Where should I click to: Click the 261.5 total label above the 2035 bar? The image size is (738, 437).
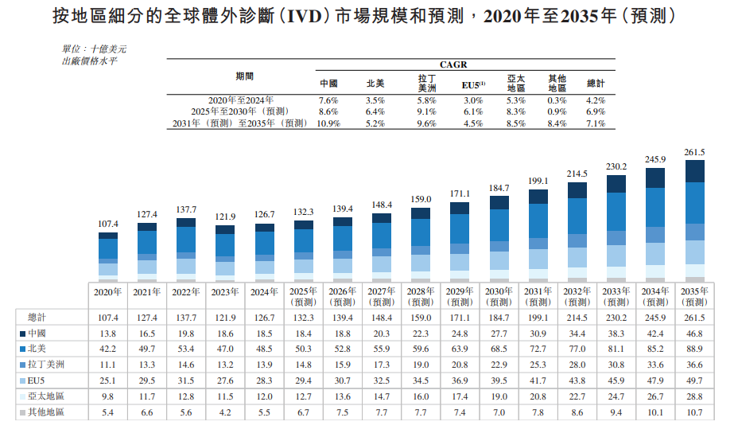tap(694, 152)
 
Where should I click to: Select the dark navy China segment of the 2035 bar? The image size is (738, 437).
tap(695, 171)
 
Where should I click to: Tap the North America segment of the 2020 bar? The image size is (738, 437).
tap(108, 248)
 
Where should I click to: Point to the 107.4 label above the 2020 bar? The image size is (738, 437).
tap(108, 224)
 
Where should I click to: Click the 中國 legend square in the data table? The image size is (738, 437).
tap(22, 334)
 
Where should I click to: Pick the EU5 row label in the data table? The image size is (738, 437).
tap(36, 380)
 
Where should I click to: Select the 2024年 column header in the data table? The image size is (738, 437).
tap(264, 292)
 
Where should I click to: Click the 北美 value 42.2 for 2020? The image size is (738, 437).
tap(108, 349)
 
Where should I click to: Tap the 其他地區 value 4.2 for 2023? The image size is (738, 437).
tap(225, 412)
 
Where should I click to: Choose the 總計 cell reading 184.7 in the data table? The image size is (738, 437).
tap(499, 318)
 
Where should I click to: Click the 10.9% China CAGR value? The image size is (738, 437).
tap(328, 123)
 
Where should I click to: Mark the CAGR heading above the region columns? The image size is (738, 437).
tap(453, 64)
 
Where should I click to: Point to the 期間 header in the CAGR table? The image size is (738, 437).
tap(245, 76)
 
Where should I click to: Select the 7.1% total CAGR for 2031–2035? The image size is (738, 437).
tap(596, 123)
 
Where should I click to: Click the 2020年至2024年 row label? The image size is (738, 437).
tap(241, 100)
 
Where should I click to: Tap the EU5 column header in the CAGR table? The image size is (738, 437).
tap(473, 85)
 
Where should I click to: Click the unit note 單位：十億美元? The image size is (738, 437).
tap(94, 49)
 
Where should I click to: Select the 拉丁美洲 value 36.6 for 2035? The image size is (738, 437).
tap(694, 365)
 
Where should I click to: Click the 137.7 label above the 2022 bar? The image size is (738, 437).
tap(186, 209)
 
